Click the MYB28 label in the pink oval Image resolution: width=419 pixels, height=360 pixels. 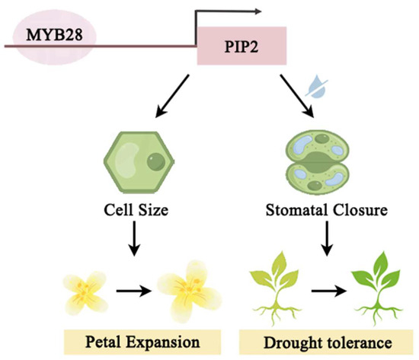(x=54, y=35)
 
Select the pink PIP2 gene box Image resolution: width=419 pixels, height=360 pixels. (x=241, y=46)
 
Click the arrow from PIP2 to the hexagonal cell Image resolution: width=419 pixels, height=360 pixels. (x=172, y=96)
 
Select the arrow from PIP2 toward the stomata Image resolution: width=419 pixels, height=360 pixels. (x=296, y=96)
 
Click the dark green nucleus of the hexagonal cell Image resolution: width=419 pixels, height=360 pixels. (x=156, y=162)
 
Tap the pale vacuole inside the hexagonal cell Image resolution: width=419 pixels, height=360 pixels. (x=128, y=161)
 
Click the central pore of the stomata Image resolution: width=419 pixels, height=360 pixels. (x=318, y=162)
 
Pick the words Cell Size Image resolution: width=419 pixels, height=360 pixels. (x=136, y=210)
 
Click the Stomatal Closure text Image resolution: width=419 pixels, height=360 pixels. (x=327, y=210)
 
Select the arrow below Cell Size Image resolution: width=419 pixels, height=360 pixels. (x=134, y=238)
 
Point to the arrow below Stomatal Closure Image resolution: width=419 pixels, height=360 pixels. (x=327, y=238)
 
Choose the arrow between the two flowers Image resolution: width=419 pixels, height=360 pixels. (x=133, y=291)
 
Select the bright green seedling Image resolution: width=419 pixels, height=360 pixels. (x=378, y=288)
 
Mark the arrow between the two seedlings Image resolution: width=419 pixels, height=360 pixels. (x=329, y=291)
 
